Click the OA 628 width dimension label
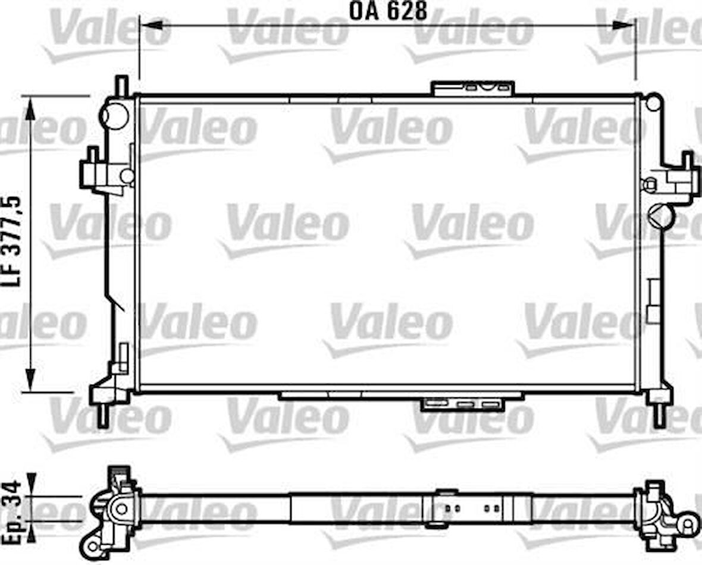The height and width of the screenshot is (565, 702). tap(388, 11)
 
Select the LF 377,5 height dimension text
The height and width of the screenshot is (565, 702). tap(15, 241)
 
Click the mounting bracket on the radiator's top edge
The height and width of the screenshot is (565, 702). tap(473, 88)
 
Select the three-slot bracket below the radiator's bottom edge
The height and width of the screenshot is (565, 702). tap(462, 404)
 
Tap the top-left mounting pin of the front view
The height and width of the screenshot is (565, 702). tap(121, 85)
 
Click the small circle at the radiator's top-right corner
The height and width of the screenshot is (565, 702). tap(653, 103)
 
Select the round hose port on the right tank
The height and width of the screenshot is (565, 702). tap(662, 215)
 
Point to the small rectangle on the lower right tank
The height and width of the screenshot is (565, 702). tap(654, 301)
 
